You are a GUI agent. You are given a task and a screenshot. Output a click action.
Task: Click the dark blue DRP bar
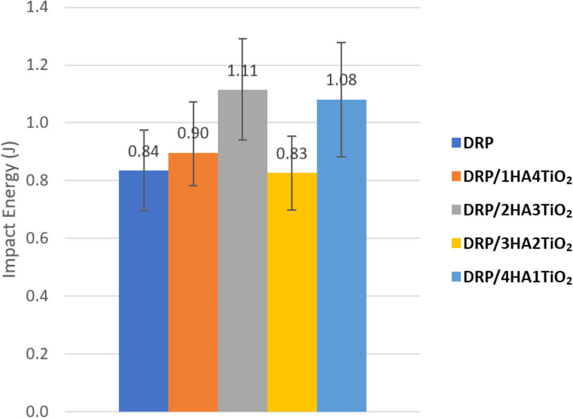coord(143,292)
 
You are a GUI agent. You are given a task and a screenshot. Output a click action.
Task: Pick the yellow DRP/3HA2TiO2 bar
coord(292,292)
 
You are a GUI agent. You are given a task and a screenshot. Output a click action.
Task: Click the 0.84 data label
coord(143,152)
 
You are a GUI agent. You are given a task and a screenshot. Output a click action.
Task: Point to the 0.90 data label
coord(193,134)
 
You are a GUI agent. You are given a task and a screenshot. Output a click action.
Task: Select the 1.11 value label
coord(243,72)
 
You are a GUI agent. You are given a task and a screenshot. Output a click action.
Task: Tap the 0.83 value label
coord(292,154)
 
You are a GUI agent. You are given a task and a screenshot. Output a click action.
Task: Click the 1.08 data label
coord(341,80)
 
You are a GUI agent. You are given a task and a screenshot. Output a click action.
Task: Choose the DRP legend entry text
coord(477,142)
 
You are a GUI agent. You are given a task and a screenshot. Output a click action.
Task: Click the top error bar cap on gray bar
coord(243,39)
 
